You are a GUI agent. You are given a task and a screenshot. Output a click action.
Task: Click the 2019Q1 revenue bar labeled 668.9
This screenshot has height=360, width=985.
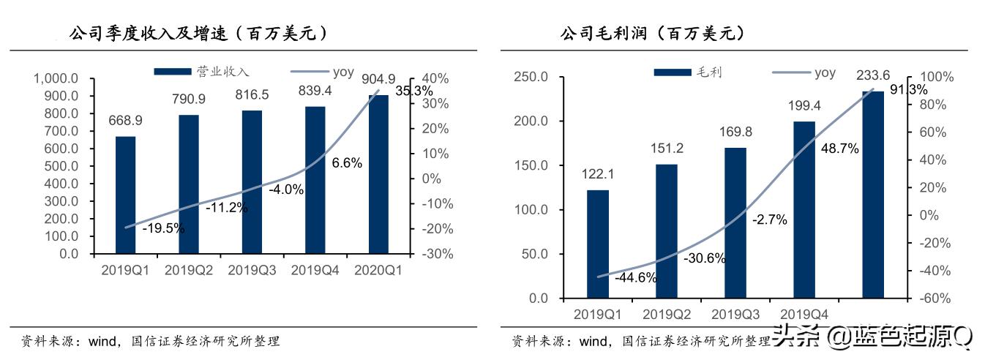125,195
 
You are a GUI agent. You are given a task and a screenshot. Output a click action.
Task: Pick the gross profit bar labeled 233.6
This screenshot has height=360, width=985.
872,195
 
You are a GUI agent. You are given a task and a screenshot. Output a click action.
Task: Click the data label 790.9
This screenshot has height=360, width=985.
189,100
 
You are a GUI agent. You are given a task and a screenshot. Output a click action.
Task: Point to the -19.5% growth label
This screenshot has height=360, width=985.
163,228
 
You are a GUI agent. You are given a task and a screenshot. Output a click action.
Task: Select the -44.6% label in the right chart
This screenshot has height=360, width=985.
635,277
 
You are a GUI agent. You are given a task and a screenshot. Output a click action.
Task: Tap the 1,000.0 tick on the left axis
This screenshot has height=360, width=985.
56,78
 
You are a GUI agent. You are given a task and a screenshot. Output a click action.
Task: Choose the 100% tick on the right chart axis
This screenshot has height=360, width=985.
932,77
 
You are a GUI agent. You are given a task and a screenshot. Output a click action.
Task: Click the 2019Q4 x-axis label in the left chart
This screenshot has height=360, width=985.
315,270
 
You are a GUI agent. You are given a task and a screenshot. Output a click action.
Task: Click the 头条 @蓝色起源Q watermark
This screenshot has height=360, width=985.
874,337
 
